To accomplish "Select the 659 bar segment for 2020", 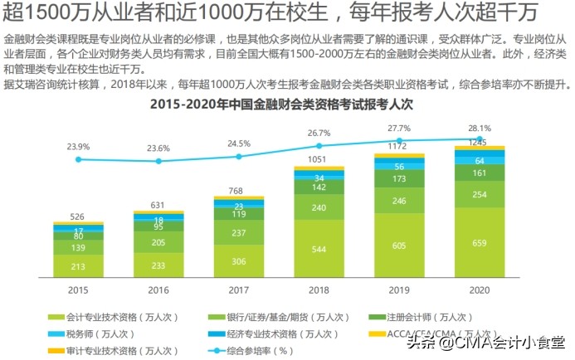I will [x=479, y=243].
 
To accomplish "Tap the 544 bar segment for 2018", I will [x=319, y=249].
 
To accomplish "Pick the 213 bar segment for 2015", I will [x=78, y=266].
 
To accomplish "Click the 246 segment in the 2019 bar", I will [x=399, y=201].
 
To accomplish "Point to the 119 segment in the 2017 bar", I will [x=239, y=214].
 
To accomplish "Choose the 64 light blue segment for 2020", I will [x=479, y=161].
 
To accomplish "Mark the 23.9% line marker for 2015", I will [x=78, y=159].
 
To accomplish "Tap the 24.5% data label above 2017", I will [x=239, y=144].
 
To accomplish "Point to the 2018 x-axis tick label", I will [x=319, y=290].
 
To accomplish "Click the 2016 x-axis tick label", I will [x=158, y=290].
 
